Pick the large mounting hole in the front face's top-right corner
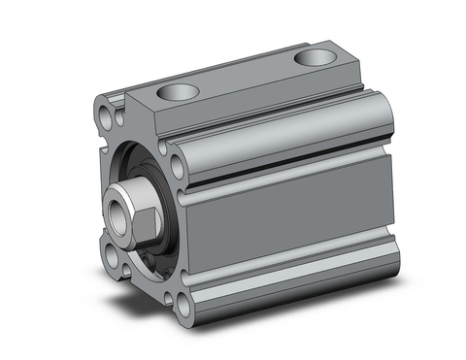[179, 165]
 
